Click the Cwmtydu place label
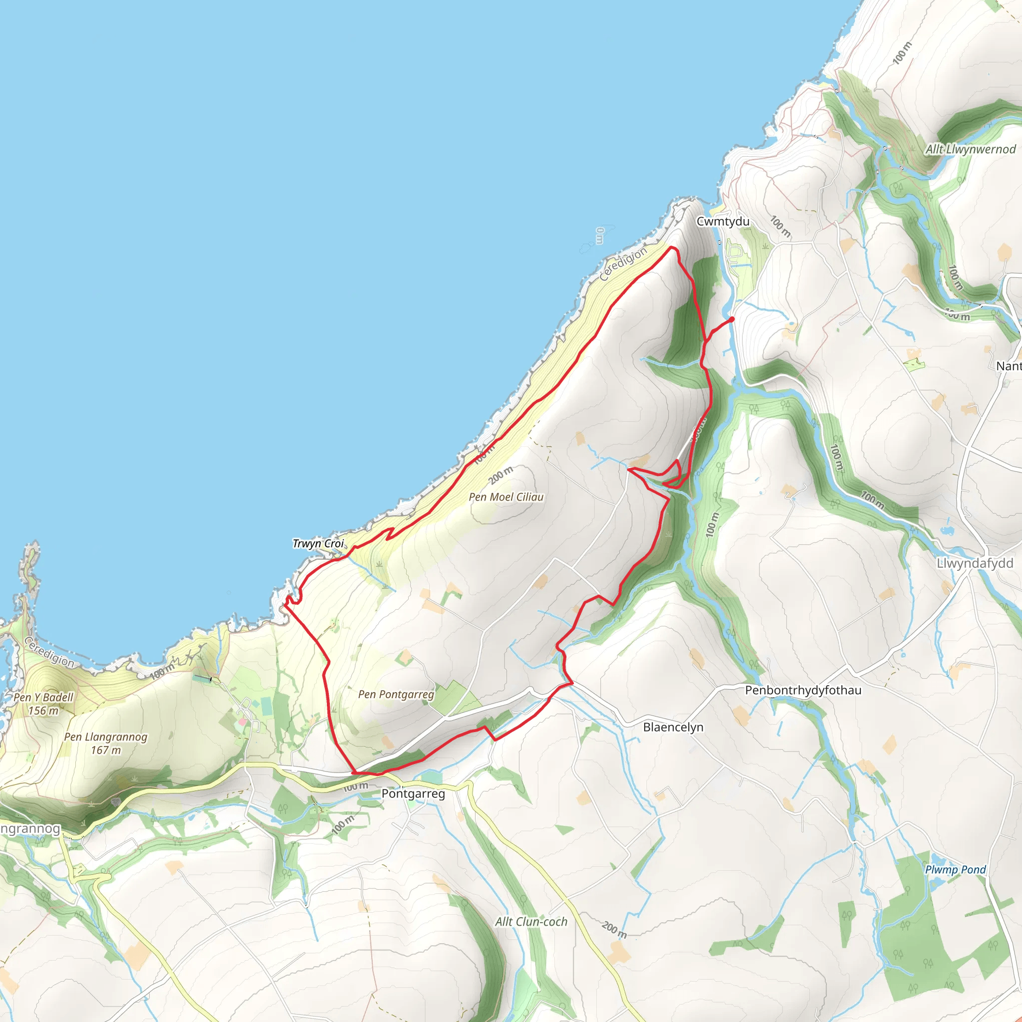point(723,222)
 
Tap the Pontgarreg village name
point(413,793)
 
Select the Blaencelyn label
point(673,728)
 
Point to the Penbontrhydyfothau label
point(803,690)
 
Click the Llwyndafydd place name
point(975,563)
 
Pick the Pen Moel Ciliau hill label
point(506,497)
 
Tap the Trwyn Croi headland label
point(318,544)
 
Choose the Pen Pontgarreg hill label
point(396,695)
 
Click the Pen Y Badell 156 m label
point(43,704)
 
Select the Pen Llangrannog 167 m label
point(106,743)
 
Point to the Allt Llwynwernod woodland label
point(970,150)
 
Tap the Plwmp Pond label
point(955,870)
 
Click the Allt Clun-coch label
point(531,922)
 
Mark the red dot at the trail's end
point(732,319)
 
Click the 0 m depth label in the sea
point(599,236)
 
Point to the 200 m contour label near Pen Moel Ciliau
point(501,475)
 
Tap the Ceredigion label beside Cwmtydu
point(623,264)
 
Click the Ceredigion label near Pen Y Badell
point(49,652)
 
